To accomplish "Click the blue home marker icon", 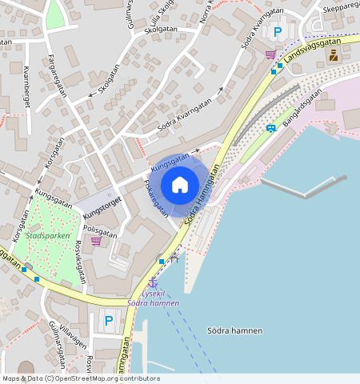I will (x=180, y=185).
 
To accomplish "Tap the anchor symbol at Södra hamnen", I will (x=152, y=282).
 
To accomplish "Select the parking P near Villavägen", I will (x=109, y=322).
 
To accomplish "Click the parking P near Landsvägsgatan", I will (x=278, y=32).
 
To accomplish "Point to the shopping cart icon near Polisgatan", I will (x=96, y=240).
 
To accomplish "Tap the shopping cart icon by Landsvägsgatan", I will (x=270, y=54).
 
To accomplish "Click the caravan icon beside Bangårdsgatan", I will (x=271, y=127).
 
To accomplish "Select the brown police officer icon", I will (x=334, y=55).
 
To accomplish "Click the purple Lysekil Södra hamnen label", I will (x=152, y=298).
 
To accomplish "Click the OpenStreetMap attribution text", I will (x=80, y=378).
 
